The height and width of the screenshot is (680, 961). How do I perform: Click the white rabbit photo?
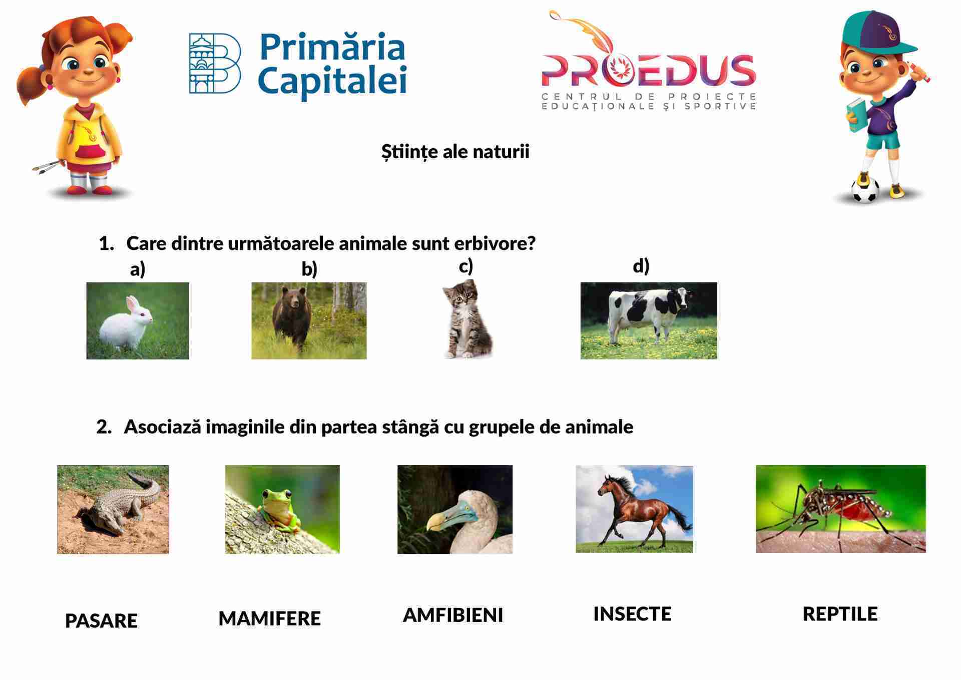click(138, 320)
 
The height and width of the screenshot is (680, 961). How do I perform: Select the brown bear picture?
click(309, 320)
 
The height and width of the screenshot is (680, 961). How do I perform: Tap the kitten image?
click(467, 319)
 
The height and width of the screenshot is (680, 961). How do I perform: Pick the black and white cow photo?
click(649, 320)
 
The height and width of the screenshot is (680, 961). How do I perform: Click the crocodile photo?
click(113, 509)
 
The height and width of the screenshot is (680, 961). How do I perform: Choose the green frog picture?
click(282, 509)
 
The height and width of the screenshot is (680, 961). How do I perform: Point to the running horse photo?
click(634, 509)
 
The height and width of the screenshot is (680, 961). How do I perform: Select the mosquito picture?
click(841, 509)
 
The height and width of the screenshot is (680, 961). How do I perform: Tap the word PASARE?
click(101, 621)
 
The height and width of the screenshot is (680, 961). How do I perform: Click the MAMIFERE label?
click(270, 618)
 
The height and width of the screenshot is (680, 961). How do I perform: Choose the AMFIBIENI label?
click(453, 615)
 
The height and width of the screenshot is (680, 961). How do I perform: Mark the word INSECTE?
click(632, 614)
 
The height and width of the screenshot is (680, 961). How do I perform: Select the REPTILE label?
click(840, 614)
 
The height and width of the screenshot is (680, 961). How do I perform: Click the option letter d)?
click(641, 266)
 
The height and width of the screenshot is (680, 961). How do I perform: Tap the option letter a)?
click(138, 269)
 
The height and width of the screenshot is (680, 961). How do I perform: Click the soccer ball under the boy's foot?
click(865, 189)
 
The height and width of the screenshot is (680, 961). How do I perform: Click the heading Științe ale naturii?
click(455, 152)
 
